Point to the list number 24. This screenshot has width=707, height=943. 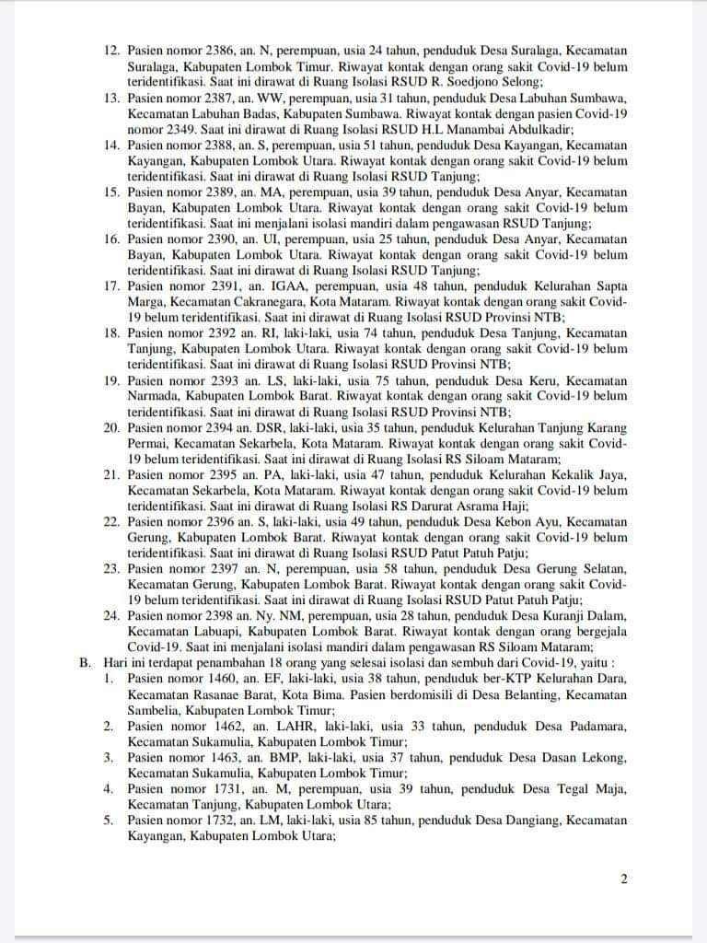tap(111, 611)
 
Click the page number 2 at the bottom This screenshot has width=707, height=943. tap(623, 879)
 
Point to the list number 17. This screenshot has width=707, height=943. tap(111, 286)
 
